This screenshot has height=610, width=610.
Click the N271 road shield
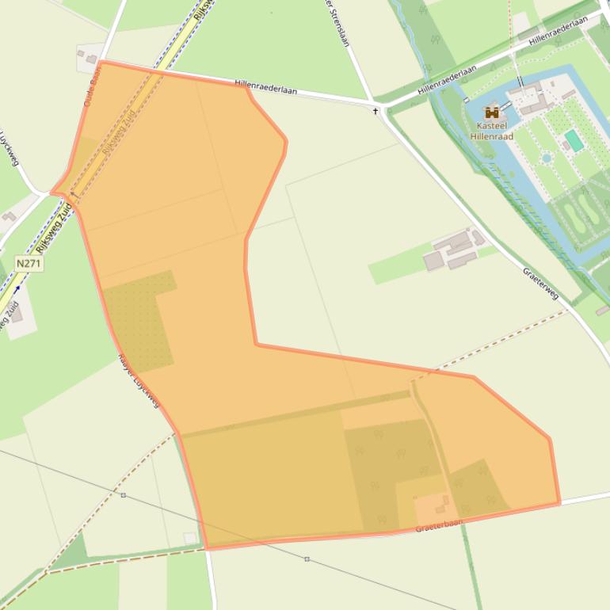pyautogui.click(x=29, y=262)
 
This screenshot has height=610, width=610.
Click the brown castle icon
pyautogui.click(x=492, y=113)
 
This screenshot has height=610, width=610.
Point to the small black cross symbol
pyautogui.click(x=376, y=112)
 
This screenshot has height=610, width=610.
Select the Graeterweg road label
pyautogui.click(x=540, y=283)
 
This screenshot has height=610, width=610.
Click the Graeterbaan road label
pyautogui.click(x=438, y=524)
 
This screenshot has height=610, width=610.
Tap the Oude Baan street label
pyautogui.click(x=93, y=86)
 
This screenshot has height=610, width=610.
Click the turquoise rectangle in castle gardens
pyautogui.click(x=574, y=140)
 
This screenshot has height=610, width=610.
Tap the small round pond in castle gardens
pyautogui.click(x=547, y=158)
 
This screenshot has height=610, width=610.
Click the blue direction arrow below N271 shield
pyautogui.click(x=17, y=290)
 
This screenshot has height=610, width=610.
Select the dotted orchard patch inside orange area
pyautogui.click(x=139, y=321)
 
